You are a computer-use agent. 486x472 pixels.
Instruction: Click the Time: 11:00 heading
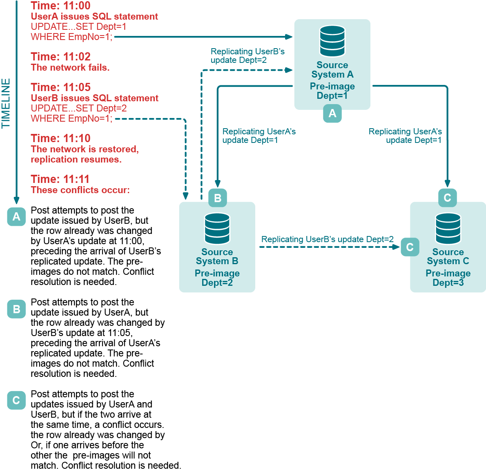60,6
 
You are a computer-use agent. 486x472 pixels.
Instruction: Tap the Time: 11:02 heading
60,57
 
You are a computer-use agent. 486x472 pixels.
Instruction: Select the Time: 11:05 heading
60,87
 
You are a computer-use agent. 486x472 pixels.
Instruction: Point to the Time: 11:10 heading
60,138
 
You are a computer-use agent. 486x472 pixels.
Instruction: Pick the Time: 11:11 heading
60,179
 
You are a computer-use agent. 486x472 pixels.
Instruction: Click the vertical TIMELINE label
6,103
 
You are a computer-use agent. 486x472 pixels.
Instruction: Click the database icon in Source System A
332,41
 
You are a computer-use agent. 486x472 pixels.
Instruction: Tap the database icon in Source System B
217,228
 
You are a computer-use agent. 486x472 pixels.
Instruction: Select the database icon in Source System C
448,228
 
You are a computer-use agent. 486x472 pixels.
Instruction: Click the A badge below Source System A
332,113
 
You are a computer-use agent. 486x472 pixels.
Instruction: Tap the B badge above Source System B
217,198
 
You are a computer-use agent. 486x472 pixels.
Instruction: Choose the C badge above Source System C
447,198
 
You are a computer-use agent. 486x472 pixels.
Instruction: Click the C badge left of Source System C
410,247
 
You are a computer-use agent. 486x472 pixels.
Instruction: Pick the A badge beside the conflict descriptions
16,216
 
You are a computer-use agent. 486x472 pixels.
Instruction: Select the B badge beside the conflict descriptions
16,309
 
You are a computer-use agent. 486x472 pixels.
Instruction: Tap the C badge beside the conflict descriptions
16,401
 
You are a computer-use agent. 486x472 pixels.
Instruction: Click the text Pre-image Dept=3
448,278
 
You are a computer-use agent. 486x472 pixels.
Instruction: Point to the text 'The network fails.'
70,68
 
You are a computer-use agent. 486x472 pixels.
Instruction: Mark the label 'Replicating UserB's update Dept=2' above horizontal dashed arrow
327,239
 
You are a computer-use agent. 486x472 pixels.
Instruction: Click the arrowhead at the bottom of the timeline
16,200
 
